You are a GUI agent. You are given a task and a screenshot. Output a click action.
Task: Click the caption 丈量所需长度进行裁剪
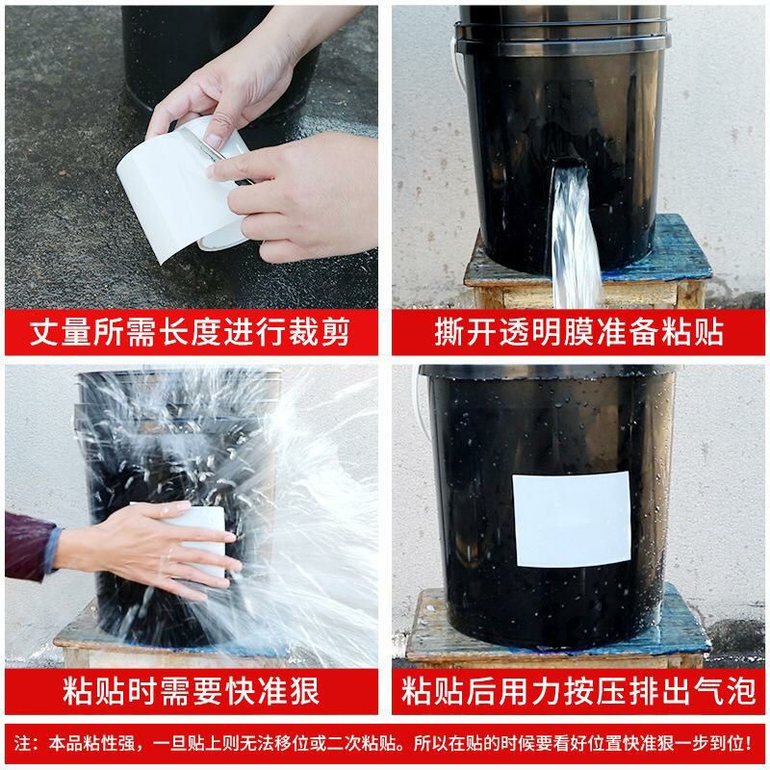coord(191,334)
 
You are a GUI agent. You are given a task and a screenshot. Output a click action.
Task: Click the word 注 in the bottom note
coord(27,743)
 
